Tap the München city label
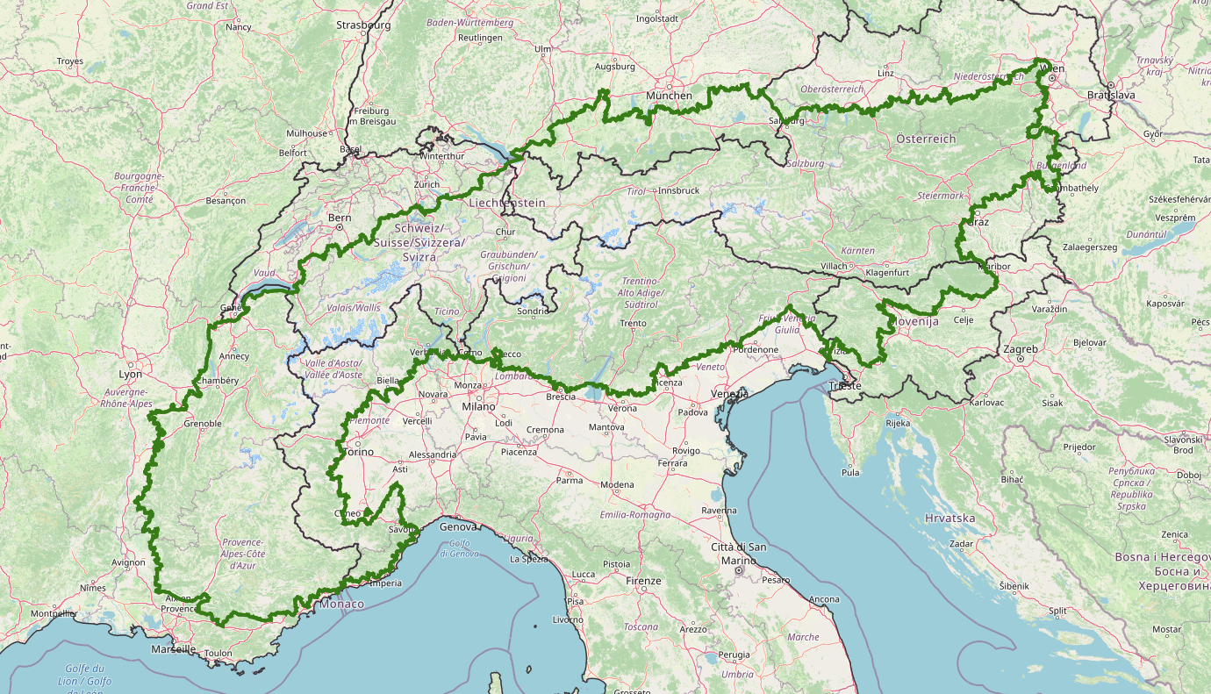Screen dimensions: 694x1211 (x=669, y=96)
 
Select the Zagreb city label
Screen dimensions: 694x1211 (x=1021, y=349)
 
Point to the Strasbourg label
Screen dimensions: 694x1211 (x=363, y=25)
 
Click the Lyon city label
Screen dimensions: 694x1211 (x=129, y=374)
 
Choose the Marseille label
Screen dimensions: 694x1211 (x=172, y=650)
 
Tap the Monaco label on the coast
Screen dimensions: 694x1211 (x=341, y=605)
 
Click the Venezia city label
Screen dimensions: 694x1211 (x=729, y=394)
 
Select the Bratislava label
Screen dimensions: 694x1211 (x=1110, y=94)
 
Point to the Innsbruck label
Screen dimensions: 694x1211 (x=678, y=190)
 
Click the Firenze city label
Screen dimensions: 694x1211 (x=643, y=581)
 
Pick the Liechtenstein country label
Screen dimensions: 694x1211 (x=507, y=203)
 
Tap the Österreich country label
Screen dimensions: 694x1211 (x=926, y=139)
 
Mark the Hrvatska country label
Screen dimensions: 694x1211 (x=949, y=518)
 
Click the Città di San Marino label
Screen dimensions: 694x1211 (x=739, y=554)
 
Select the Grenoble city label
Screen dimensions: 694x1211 (x=203, y=424)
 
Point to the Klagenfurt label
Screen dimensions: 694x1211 (x=886, y=272)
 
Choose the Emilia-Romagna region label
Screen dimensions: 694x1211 (x=635, y=515)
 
